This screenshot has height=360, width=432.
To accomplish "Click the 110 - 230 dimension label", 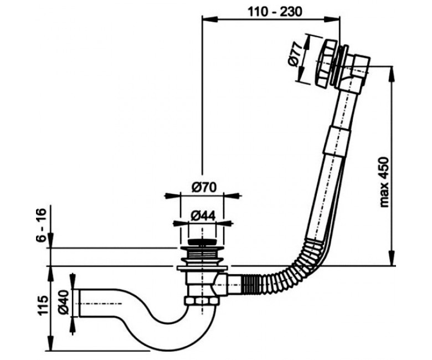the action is coord(275,12).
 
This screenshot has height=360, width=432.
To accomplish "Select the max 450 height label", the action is coord(383,182).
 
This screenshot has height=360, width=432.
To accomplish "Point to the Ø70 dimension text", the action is coord(204,188).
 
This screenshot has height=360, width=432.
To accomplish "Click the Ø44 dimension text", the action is coord(203,216).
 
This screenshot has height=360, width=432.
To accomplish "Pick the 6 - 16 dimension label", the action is coord(41,225).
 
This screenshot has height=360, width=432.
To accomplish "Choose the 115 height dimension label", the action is coord(43,306).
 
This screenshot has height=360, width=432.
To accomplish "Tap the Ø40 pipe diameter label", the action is coord(64,302).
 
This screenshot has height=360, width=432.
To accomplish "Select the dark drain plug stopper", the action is coord(202,242).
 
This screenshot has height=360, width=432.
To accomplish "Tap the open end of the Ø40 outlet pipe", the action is coord(79,303).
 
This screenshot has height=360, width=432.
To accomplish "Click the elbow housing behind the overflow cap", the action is coord(356,72).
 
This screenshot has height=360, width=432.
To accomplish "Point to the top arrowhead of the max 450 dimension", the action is coord(392,74).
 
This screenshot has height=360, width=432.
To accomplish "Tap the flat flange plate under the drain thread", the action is coord(203,268).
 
